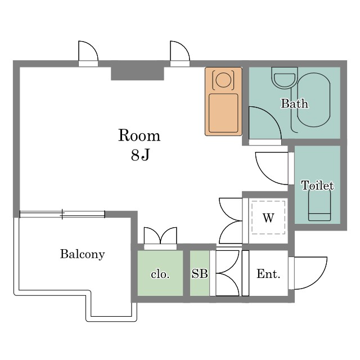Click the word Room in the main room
click(x=139, y=136)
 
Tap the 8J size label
click(x=140, y=155)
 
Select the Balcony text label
click(x=83, y=254)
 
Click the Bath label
click(x=295, y=103)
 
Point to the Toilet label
click(x=317, y=185)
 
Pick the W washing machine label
click(x=268, y=218)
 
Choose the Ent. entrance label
click(x=268, y=274)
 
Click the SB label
click(x=200, y=274)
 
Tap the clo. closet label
click(x=160, y=274)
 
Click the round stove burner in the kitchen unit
click(x=223, y=80)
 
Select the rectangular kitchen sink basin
click(x=223, y=113)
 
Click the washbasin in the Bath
click(x=285, y=78)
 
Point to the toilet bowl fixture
click(x=319, y=205)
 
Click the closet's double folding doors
click(x=160, y=236)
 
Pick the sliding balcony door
click(x=62, y=214)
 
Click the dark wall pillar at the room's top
click(x=137, y=74)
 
